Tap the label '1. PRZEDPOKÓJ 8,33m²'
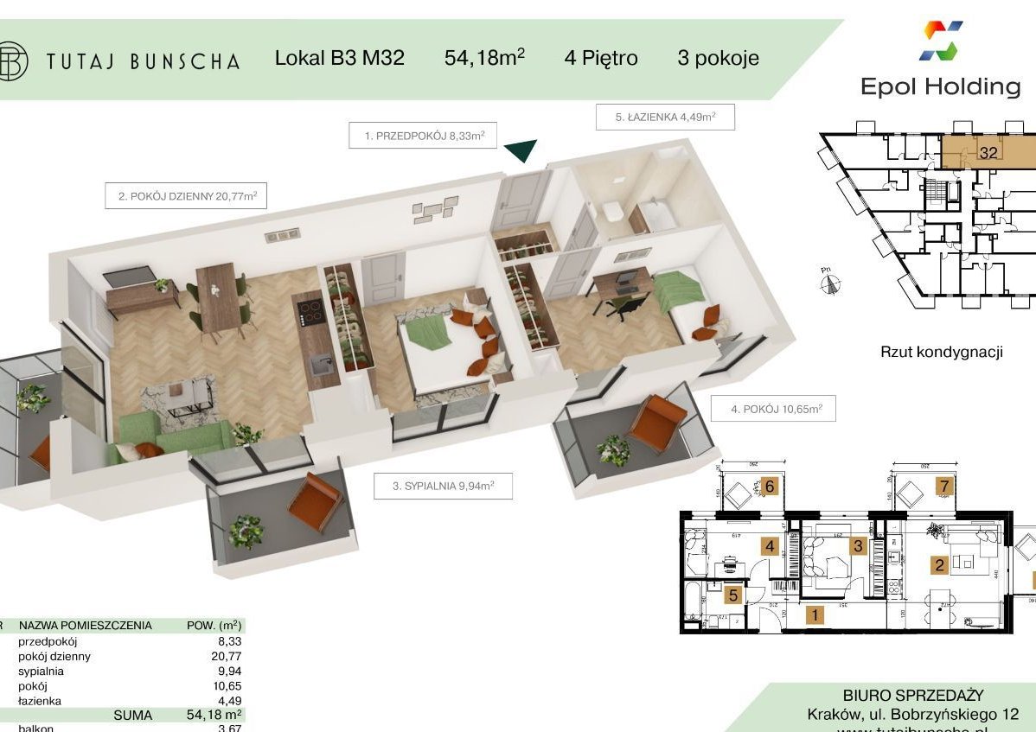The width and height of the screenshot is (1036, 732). [x=423, y=136]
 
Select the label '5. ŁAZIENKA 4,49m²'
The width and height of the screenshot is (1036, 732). [x=665, y=117]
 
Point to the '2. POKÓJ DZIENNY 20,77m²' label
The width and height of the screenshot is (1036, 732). [x=185, y=196]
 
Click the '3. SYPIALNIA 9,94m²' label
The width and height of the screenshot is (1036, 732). [x=443, y=487]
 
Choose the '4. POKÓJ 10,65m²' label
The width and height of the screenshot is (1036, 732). [x=773, y=409]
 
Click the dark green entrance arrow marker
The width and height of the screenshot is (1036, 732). [x=521, y=151]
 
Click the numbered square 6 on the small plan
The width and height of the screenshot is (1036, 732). [x=770, y=487]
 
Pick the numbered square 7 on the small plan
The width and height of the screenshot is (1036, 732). [x=944, y=487]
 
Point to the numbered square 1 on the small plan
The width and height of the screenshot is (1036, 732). [x=813, y=615]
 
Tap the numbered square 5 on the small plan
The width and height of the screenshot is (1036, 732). [x=732, y=595]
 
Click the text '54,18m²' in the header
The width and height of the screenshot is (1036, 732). [x=484, y=58]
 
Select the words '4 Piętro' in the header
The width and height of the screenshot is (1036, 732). [x=600, y=58]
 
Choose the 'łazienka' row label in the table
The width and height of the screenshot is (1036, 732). [x=42, y=701]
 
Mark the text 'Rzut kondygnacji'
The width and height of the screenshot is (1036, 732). [x=941, y=352]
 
